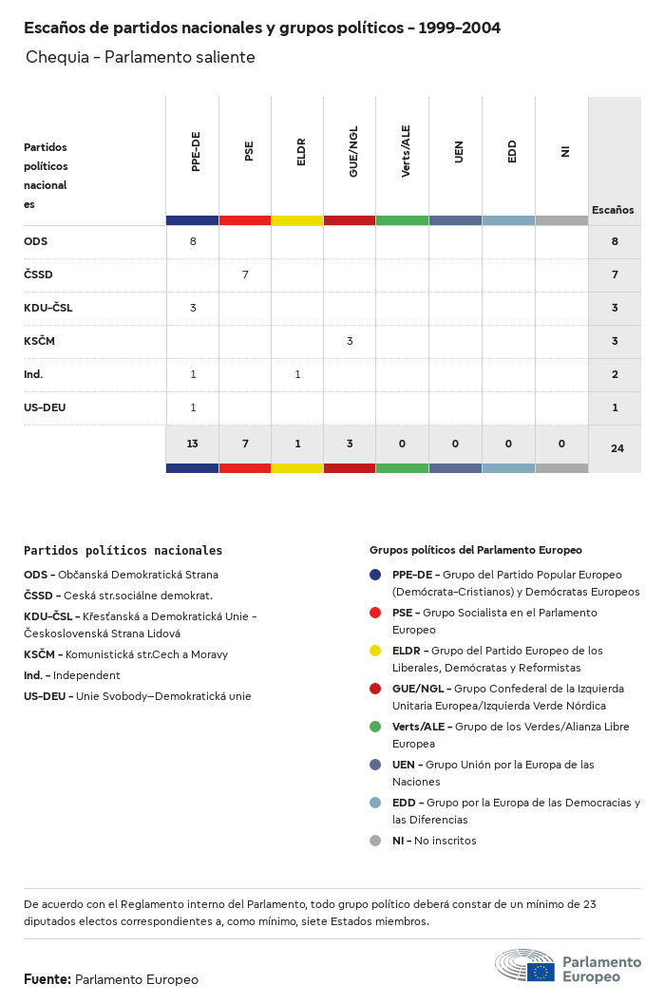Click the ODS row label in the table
point(36,241)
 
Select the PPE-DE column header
point(195,152)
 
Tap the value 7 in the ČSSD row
point(245,274)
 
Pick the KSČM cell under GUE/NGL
point(350,341)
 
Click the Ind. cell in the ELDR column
point(297,374)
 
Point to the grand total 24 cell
point(617,448)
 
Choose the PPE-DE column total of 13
point(193,444)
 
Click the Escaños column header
point(613,210)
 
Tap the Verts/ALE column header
point(406,151)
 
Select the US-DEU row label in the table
point(45,407)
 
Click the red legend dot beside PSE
point(375,613)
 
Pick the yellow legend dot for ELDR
point(375,651)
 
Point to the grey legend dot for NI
point(375,841)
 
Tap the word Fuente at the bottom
point(47,979)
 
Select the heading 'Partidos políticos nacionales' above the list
point(123,550)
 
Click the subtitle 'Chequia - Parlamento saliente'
point(141,57)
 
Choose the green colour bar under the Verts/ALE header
point(402,220)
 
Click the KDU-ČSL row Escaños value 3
point(615,308)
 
